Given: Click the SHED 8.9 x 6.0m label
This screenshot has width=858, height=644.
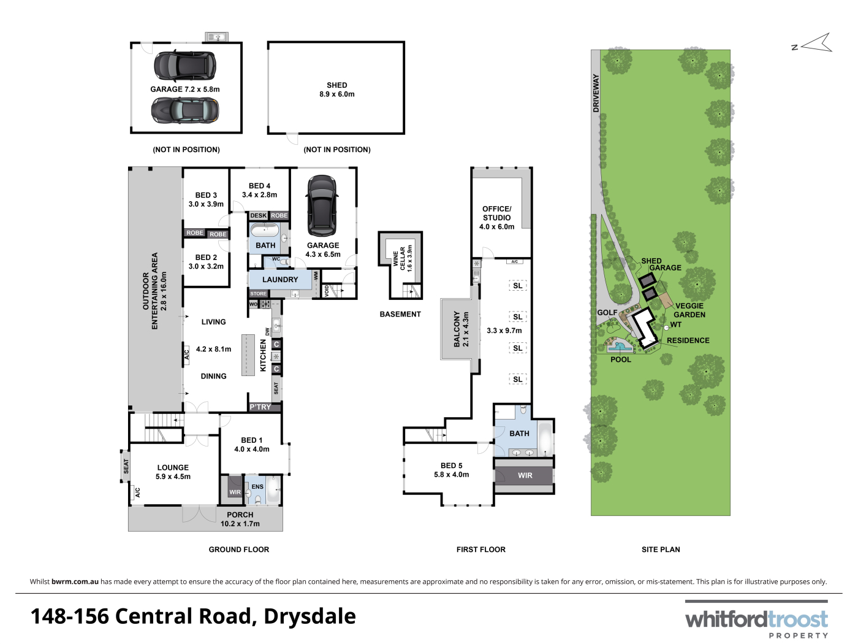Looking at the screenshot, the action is (x=336, y=90).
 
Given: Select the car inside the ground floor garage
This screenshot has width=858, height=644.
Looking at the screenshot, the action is (x=322, y=205).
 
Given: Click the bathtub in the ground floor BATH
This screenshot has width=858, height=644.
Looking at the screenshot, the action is (x=265, y=231).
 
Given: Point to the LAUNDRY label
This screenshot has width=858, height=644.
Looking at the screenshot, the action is (x=280, y=280).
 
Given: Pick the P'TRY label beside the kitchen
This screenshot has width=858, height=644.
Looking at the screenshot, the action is (x=260, y=407).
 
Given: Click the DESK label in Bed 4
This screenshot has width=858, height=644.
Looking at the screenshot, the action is (x=259, y=215).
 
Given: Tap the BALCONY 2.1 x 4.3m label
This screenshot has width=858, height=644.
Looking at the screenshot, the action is (x=461, y=329).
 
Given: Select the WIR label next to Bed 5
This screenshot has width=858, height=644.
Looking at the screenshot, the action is (x=525, y=475).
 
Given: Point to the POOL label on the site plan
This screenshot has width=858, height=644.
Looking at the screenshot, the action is (x=621, y=359).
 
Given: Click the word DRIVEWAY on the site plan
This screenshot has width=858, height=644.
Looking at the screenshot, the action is (x=596, y=93).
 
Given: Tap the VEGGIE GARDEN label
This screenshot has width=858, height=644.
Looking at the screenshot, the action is (x=689, y=310).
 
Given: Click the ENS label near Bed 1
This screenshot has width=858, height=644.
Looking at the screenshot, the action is (x=257, y=486).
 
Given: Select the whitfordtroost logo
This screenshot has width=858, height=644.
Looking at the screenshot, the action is (x=756, y=619).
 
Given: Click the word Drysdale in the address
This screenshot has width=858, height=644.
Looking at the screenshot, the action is (x=310, y=616).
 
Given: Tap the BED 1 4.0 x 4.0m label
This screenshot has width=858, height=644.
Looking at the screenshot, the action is (x=252, y=445).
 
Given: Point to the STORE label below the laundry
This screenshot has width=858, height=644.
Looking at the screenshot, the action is (x=259, y=294).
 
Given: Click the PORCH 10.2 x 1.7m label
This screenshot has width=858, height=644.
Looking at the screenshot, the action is (x=240, y=519).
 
